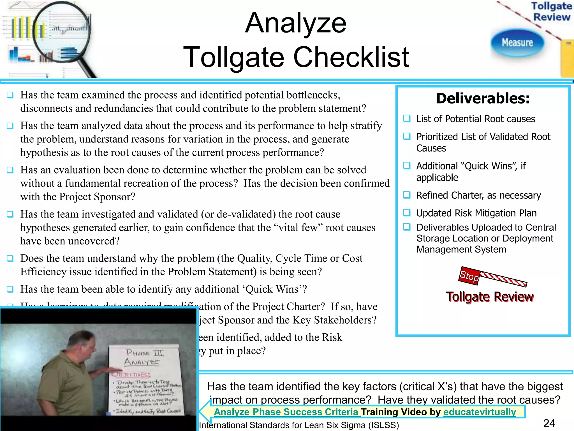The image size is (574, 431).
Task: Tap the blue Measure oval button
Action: pyautogui.click(x=517, y=43)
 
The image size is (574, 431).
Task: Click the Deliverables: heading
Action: pyautogui.click(x=483, y=98)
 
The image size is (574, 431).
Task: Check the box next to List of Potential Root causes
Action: pyautogui.click(x=407, y=118)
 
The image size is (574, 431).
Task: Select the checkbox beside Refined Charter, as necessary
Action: pyautogui.click(x=407, y=195)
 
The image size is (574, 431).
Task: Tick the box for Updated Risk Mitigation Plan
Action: pyautogui.click(x=407, y=213)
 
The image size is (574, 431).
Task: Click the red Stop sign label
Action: pyautogui.click(x=469, y=276)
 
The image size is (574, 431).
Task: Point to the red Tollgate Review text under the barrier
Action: pyautogui.click(x=490, y=297)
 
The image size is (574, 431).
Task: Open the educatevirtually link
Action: pyautogui.click(x=480, y=412)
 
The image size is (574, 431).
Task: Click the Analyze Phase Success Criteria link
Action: pyautogui.click(x=286, y=412)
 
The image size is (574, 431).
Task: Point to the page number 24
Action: pyautogui.click(x=549, y=423)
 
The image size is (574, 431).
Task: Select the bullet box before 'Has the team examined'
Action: pyautogui.click(x=10, y=95)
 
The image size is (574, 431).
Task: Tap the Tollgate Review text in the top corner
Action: pyautogui.click(x=551, y=12)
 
